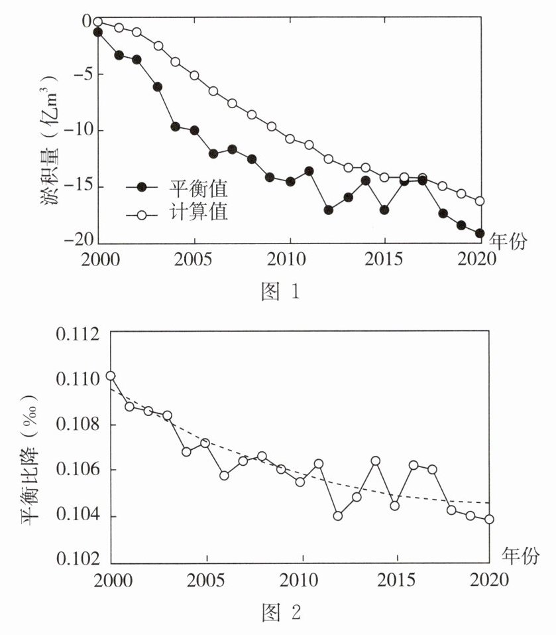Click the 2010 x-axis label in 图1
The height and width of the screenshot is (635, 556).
coord(290,258)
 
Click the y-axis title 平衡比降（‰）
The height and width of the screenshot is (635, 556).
coord(30,458)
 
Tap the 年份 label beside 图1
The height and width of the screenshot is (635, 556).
coord(508,242)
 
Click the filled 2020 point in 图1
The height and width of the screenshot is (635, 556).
coord(479,233)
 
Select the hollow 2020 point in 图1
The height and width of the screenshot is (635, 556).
coord(479,201)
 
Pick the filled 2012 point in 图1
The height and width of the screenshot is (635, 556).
coord(328,210)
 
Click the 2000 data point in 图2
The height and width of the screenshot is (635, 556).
coord(111,376)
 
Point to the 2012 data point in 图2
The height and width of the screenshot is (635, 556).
coord(338,516)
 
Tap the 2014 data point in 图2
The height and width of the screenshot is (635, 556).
coord(375,460)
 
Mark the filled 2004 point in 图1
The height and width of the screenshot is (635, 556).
coord(176,126)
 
